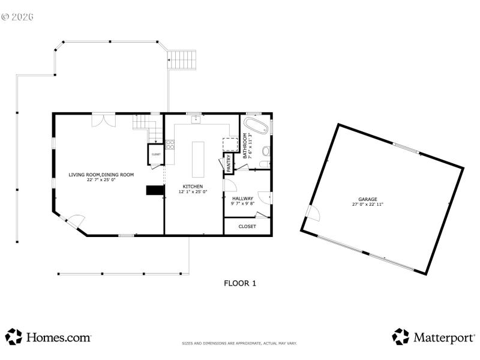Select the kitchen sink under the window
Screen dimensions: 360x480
pyautogui.click(x=196, y=119)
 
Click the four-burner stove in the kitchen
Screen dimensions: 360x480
pyautogui.click(x=170, y=144)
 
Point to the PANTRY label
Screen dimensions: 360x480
pyautogui.click(x=229, y=163)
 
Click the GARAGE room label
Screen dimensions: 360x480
pyautogui.click(x=368, y=199)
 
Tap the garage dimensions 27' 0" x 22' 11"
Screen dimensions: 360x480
pyautogui.click(x=368, y=205)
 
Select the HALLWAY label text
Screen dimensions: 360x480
pyautogui.click(x=242, y=198)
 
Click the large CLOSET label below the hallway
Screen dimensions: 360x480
pyautogui.click(x=247, y=226)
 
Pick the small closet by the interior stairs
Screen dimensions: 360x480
pyautogui.click(x=155, y=154)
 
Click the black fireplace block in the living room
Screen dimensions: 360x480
pyautogui.click(x=155, y=190)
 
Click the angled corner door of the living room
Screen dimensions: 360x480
pyautogui.click(x=76, y=221)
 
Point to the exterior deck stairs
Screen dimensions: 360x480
pyautogui.click(x=183, y=60)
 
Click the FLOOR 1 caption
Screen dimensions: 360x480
pyautogui.click(x=240, y=283)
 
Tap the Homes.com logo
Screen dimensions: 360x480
pyautogui.click(x=49, y=337)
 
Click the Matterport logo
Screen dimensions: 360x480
pyautogui.click(x=433, y=337)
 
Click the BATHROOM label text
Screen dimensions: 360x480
pyautogui.click(x=246, y=146)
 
